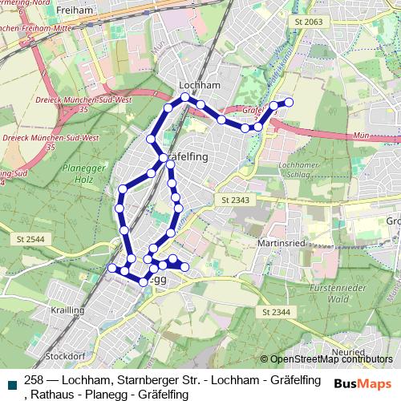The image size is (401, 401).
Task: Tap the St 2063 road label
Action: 308,22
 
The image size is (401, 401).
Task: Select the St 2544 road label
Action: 28,239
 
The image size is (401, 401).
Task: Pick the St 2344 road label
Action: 275,311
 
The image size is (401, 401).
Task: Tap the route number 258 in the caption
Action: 34,380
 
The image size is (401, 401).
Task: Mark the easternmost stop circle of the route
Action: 289,102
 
